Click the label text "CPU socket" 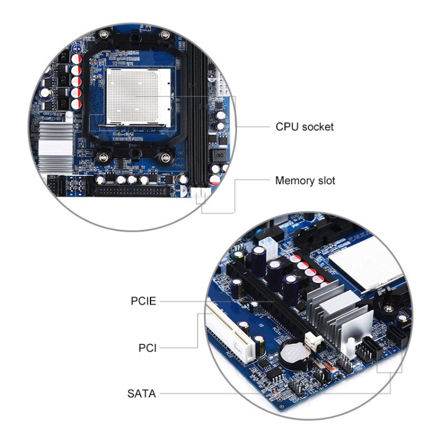(304, 126)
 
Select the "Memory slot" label (305, 181)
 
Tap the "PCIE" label (143, 301)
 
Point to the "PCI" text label (147, 348)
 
